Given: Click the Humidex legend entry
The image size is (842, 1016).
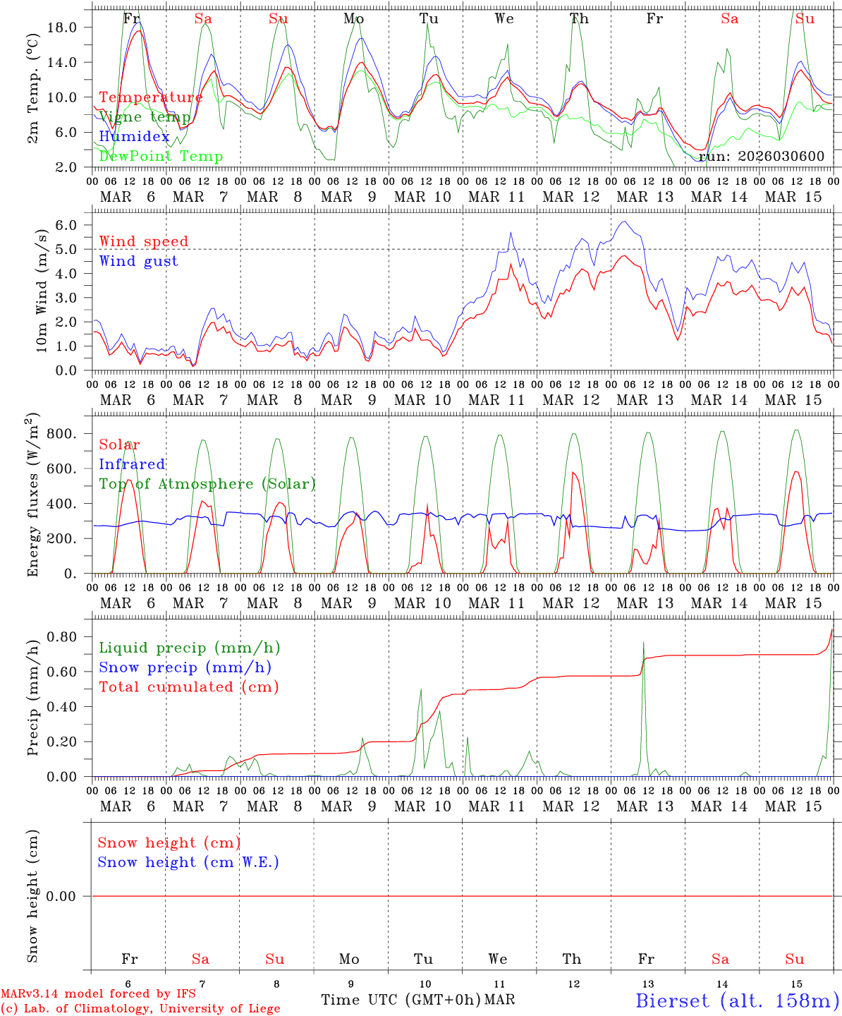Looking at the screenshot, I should click(134, 137).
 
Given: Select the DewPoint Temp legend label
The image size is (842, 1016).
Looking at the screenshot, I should click(161, 157).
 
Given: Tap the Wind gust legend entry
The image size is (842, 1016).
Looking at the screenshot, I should click(138, 261).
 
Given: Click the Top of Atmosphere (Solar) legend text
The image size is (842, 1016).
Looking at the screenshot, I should click(207, 484).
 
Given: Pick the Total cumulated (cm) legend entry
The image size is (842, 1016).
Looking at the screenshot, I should click(188, 687).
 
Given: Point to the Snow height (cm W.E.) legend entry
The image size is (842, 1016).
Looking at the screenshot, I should click(188, 862).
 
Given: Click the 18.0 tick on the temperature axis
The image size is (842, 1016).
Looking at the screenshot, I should click(71, 27).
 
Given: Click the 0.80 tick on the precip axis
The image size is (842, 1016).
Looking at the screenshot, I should click(71, 636).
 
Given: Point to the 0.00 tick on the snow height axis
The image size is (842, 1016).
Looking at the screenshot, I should click(71, 896).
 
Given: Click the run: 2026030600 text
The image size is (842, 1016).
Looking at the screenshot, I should click(761, 156).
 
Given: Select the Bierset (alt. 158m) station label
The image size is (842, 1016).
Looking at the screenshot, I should click(736, 1000).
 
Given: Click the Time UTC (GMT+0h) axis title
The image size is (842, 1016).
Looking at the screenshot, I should click(401, 1000).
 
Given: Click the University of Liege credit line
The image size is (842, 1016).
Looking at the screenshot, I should click(140, 1008).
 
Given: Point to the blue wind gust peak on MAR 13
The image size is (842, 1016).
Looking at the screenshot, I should click(623, 222).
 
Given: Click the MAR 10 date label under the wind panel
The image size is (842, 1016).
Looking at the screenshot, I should click(422, 400).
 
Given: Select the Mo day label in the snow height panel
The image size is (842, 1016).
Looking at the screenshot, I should click(349, 959).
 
